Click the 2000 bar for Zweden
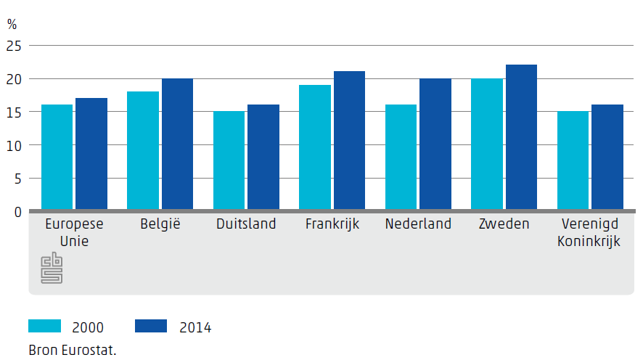pos(486,144)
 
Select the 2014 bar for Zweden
pos(521,138)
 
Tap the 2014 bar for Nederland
pos(435,144)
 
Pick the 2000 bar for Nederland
pos(401,157)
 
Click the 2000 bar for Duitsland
pos(229,161)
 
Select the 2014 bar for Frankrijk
pos(349,141)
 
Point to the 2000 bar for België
pos(143,151)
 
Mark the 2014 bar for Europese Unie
pos(91,155)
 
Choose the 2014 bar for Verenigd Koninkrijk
pos(607,157)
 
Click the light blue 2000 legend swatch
pos(45,326)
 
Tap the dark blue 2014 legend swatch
pos(151,326)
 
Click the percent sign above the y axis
pos(12,24)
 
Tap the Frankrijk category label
pos(332,224)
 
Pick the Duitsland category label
pos(246,224)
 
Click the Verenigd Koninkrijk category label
pos(589,233)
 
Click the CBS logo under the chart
pos(52,268)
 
